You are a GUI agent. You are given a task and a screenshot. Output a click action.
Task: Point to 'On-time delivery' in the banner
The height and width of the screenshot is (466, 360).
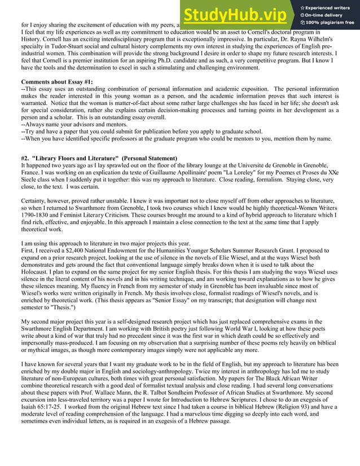tap(325, 15)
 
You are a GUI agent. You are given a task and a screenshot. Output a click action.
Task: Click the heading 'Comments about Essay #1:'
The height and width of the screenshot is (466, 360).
tap(57, 82)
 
